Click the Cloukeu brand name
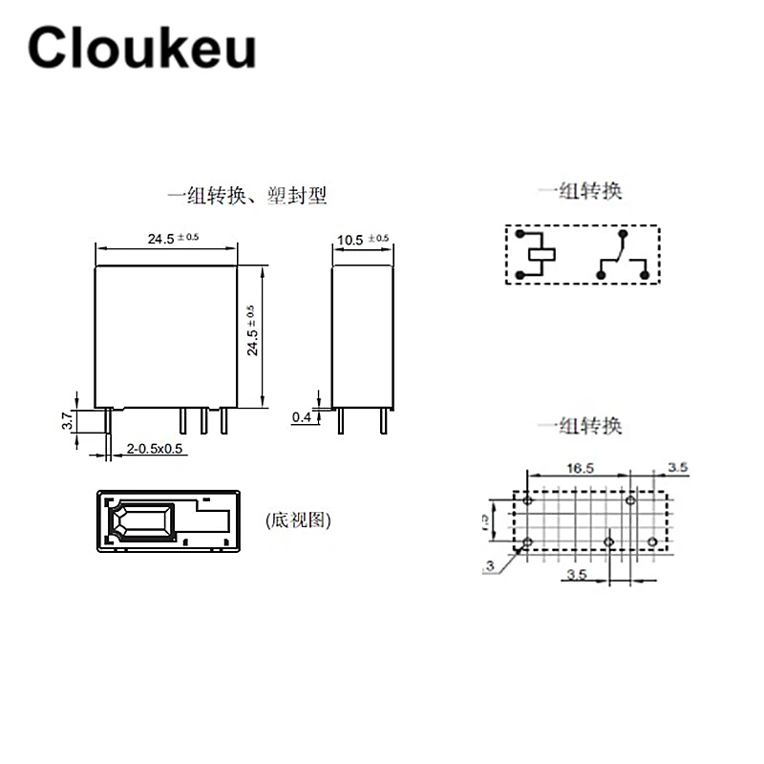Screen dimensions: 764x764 141,48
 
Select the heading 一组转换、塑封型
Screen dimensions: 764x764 247,196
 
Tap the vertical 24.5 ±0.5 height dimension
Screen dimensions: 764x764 253,330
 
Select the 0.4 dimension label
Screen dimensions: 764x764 302,416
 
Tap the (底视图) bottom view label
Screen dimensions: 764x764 300,520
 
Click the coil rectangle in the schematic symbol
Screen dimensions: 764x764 541,255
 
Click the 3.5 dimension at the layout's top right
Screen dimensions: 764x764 677,468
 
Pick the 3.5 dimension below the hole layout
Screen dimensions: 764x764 575,574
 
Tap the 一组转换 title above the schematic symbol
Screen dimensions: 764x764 580,190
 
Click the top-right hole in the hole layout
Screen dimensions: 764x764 630,500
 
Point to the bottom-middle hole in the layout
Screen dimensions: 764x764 609,541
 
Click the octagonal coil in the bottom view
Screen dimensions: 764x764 144,522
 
